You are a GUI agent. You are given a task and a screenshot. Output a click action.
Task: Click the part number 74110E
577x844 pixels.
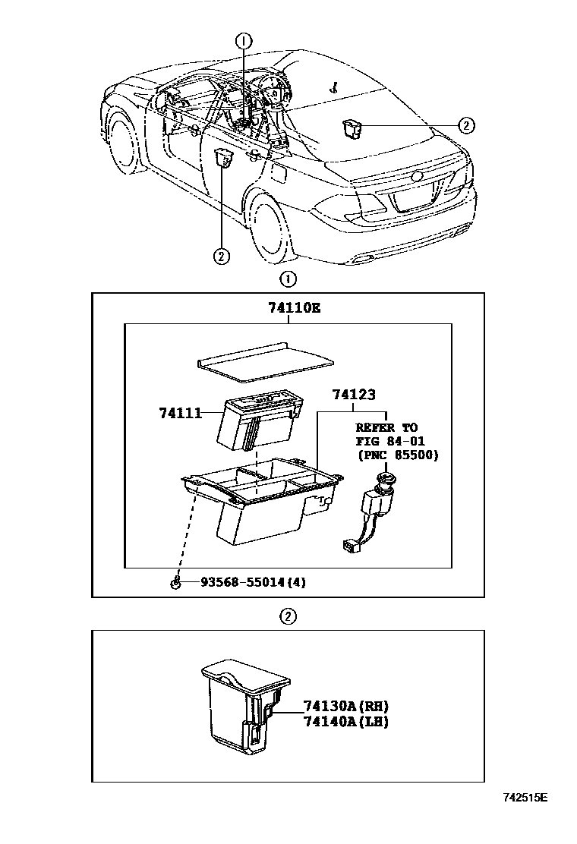293,307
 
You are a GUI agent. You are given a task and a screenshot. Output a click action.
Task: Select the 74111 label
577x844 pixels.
180,413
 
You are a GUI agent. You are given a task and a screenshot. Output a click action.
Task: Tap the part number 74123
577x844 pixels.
354,395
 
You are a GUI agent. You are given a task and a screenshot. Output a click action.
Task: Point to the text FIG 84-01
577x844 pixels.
389,442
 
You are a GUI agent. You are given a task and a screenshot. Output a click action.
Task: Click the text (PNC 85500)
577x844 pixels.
397,455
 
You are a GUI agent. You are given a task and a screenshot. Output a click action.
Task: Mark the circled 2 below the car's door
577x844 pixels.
221,256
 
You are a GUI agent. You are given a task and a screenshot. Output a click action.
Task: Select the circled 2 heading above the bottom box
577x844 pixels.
288,616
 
